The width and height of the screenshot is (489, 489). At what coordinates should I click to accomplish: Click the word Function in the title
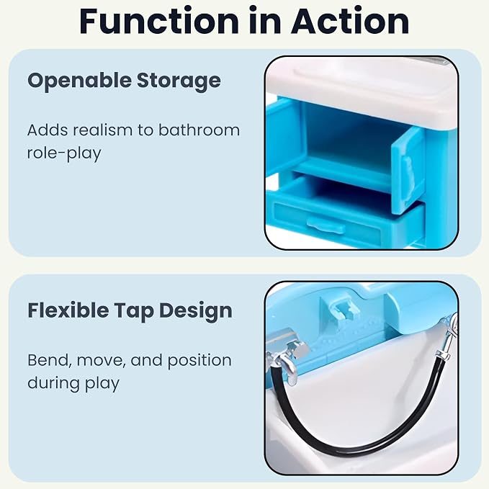click(158, 21)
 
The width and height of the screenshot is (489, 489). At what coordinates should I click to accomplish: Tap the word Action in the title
click(350, 21)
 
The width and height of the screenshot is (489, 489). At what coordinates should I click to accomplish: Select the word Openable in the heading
click(79, 81)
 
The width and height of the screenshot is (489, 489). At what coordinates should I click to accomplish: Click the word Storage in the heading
click(179, 81)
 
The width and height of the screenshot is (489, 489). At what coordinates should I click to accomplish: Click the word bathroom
click(199, 130)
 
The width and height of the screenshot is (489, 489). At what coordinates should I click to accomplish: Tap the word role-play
click(64, 153)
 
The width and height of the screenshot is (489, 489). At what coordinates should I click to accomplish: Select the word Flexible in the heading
click(68, 310)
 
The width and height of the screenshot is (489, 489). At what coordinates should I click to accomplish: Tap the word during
click(53, 384)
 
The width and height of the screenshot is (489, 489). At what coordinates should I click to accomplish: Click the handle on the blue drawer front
click(326, 225)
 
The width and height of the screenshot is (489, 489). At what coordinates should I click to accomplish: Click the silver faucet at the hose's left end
click(287, 356)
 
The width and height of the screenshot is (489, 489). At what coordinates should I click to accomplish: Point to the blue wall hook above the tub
click(342, 310)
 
